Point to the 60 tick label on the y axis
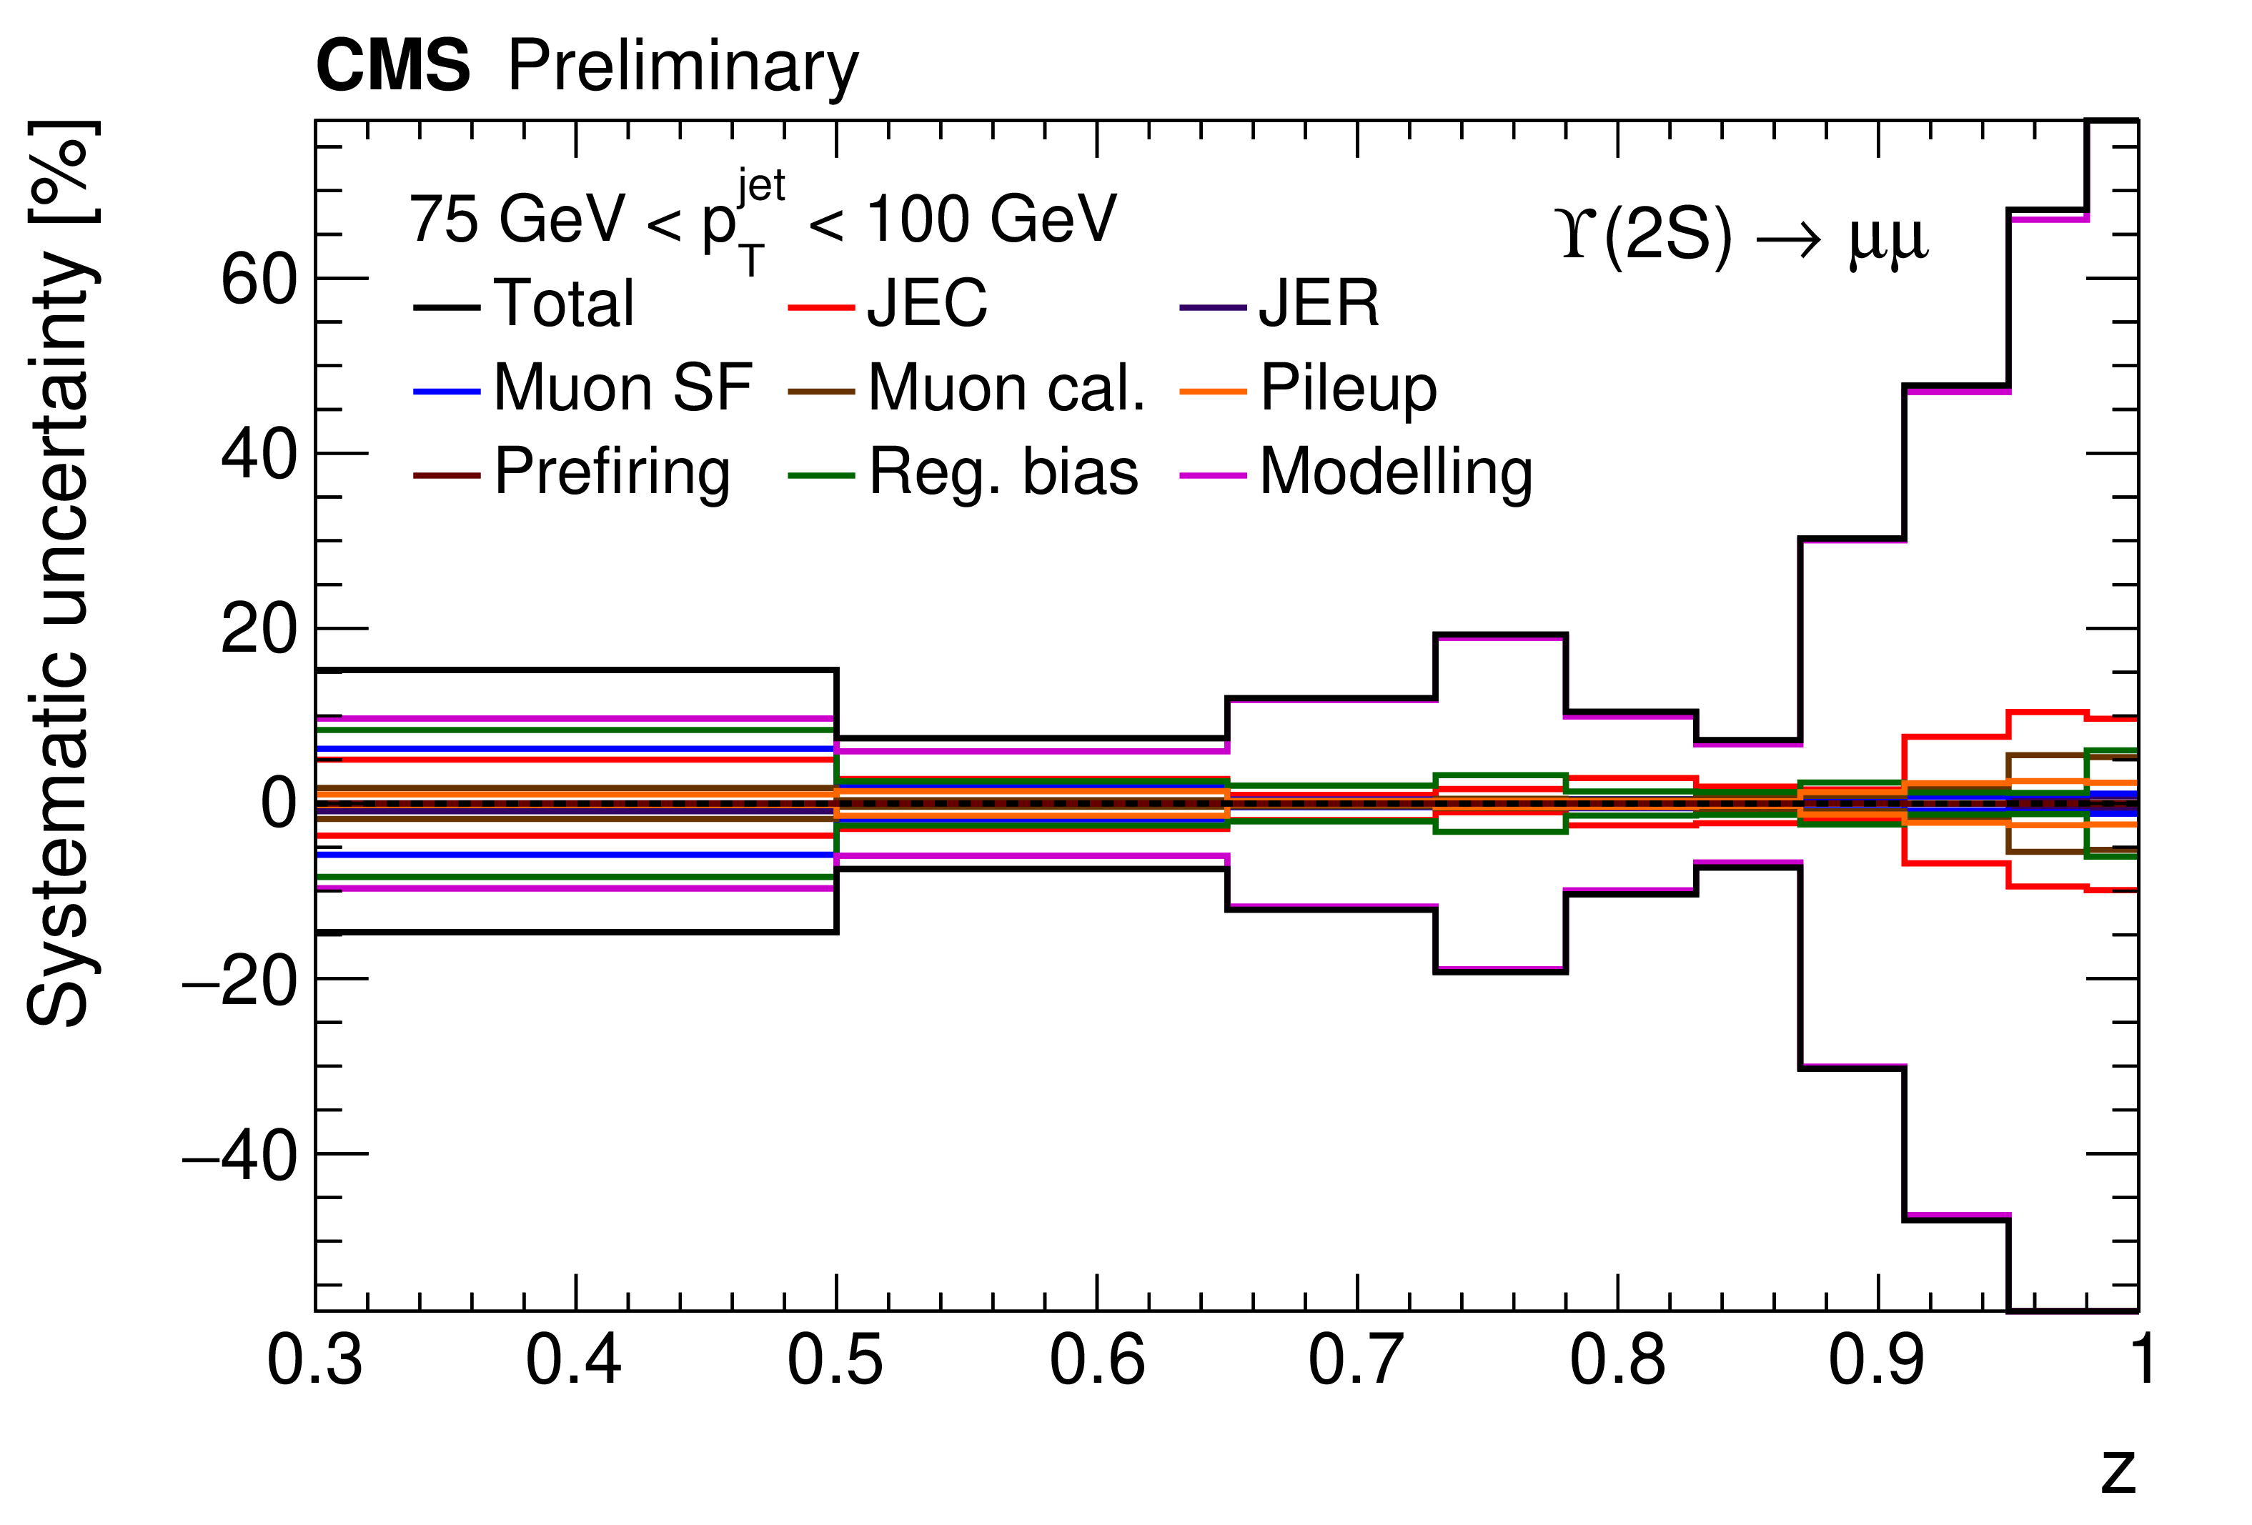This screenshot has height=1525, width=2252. point(259,281)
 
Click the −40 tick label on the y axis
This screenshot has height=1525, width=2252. point(239,1156)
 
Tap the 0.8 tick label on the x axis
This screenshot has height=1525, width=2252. point(1617,1359)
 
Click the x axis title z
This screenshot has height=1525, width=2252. point(2118,1470)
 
